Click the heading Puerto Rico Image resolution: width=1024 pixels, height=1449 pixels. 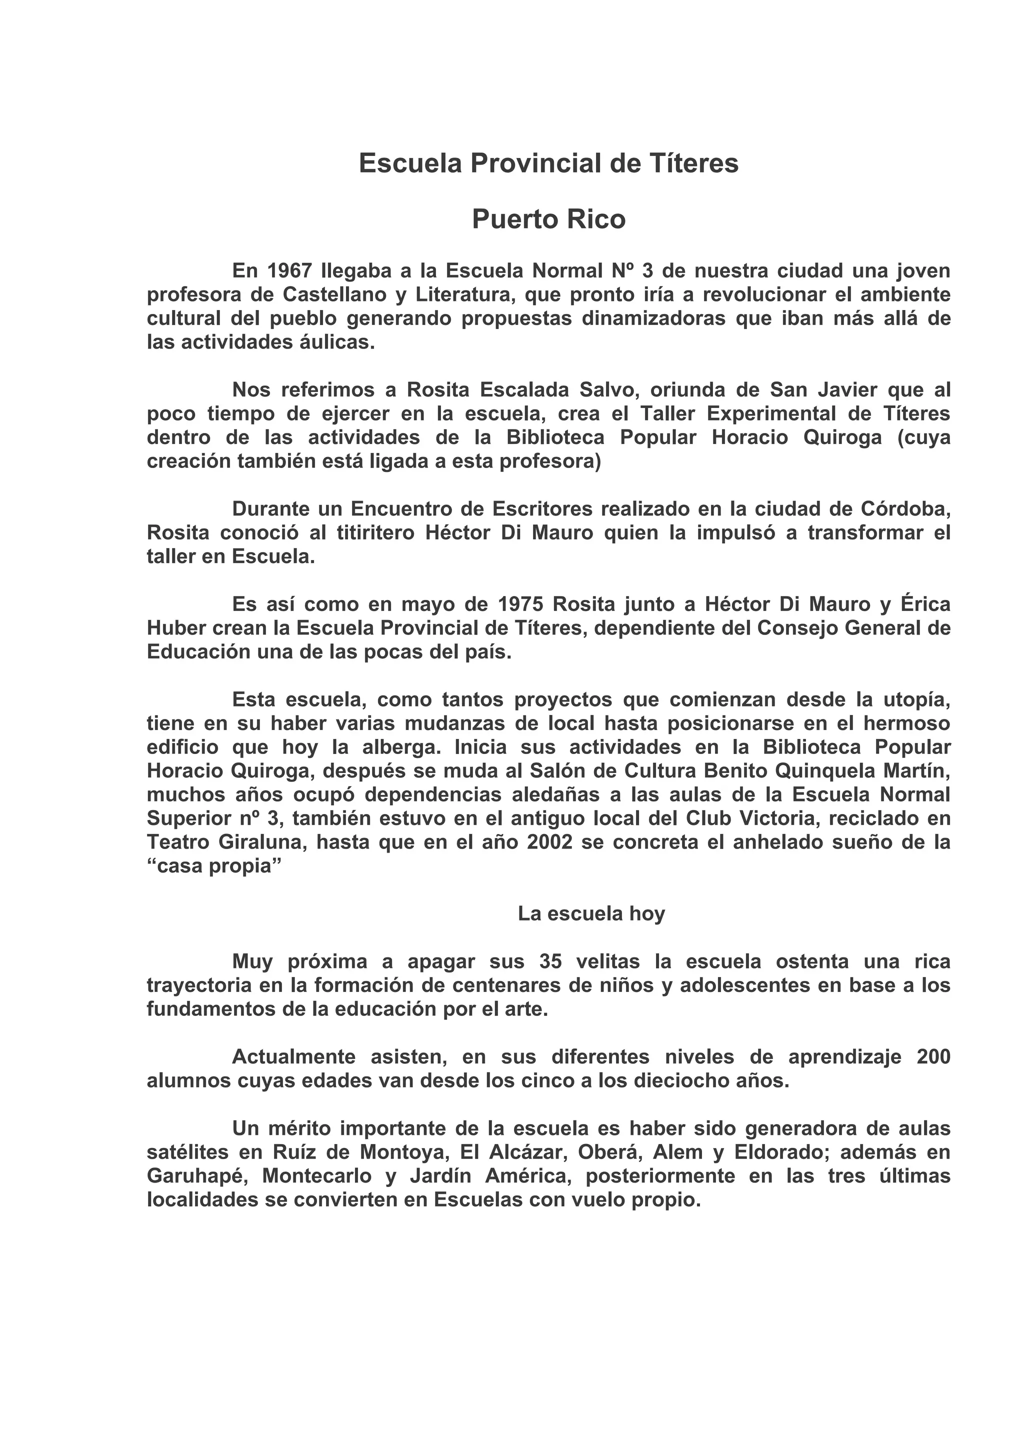[548, 219]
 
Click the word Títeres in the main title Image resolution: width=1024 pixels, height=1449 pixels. [693, 164]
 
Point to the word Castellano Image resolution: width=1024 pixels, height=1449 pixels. [334, 294]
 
